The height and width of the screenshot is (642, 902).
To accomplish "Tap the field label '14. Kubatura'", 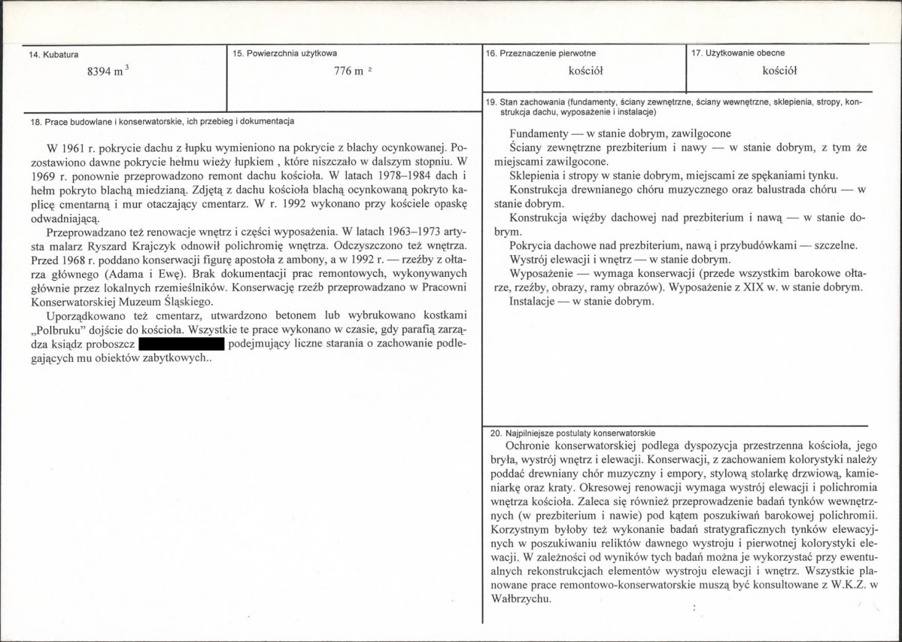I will [53, 54].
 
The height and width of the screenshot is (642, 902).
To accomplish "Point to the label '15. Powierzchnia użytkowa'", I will [285, 53].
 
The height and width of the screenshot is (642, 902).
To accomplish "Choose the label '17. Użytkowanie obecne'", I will [737, 53].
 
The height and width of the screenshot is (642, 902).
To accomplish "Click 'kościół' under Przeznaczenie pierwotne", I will [586, 72].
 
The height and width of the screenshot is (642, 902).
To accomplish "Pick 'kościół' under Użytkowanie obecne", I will [779, 72].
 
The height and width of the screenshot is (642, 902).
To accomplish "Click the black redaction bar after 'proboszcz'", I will [183, 345].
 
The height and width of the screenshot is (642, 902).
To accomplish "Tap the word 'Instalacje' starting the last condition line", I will [534, 302].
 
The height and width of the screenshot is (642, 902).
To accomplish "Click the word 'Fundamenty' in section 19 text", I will [538, 132].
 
